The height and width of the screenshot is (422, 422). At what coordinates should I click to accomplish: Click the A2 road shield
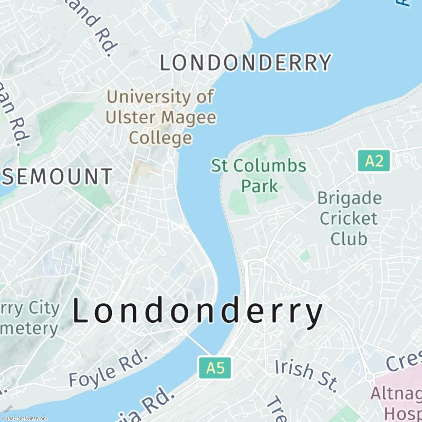pos(374,161)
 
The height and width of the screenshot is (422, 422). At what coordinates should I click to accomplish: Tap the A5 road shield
pos(215,368)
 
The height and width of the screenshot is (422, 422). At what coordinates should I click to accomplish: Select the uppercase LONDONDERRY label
pos(246,63)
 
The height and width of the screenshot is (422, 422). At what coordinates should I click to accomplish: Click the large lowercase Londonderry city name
pos(197,312)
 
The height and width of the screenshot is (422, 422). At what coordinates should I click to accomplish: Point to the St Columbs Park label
pos(258,175)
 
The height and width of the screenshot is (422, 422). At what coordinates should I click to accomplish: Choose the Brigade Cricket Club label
pos(349,218)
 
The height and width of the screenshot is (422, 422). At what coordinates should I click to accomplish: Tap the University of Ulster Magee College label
pos(161,117)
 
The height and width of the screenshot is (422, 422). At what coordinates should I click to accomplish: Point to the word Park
pos(259,186)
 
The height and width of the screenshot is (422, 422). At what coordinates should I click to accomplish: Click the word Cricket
pos(349,218)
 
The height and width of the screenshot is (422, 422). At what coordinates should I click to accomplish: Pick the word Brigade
pos(350,198)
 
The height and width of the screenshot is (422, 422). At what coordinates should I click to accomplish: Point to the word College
pos(161,138)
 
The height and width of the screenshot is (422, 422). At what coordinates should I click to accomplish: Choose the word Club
pos(349,237)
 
